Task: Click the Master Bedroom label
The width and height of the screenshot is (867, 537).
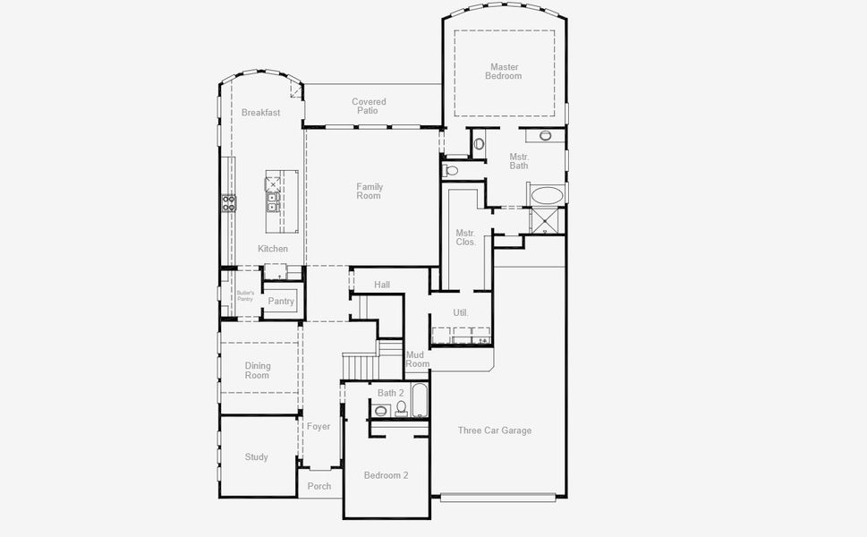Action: [504, 72]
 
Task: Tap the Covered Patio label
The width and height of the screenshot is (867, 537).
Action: [369, 107]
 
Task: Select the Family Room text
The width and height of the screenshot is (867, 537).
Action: [370, 192]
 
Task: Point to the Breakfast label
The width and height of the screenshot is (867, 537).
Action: [260, 113]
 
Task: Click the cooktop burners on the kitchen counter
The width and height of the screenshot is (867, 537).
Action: [229, 202]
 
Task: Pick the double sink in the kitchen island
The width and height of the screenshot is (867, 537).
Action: [273, 202]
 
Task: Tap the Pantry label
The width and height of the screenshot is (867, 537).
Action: [281, 302]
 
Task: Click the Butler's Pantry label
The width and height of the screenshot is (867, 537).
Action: [245, 295]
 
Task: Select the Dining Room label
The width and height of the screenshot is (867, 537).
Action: [258, 371]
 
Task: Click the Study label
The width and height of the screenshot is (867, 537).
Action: [257, 457]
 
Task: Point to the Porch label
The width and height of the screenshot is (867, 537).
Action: [319, 486]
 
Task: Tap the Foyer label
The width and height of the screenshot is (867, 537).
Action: [319, 427]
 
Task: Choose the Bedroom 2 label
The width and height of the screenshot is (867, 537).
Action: [386, 475]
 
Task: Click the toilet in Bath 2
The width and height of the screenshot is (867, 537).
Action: [401, 408]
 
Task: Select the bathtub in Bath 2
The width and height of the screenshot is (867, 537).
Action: [420, 401]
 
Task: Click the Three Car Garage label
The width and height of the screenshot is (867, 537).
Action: [495, 430]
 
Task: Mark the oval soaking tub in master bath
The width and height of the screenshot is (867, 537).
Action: [547, 195]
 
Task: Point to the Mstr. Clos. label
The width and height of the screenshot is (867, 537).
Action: [465, 237]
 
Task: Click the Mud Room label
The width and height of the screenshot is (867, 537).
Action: [417, 359]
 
